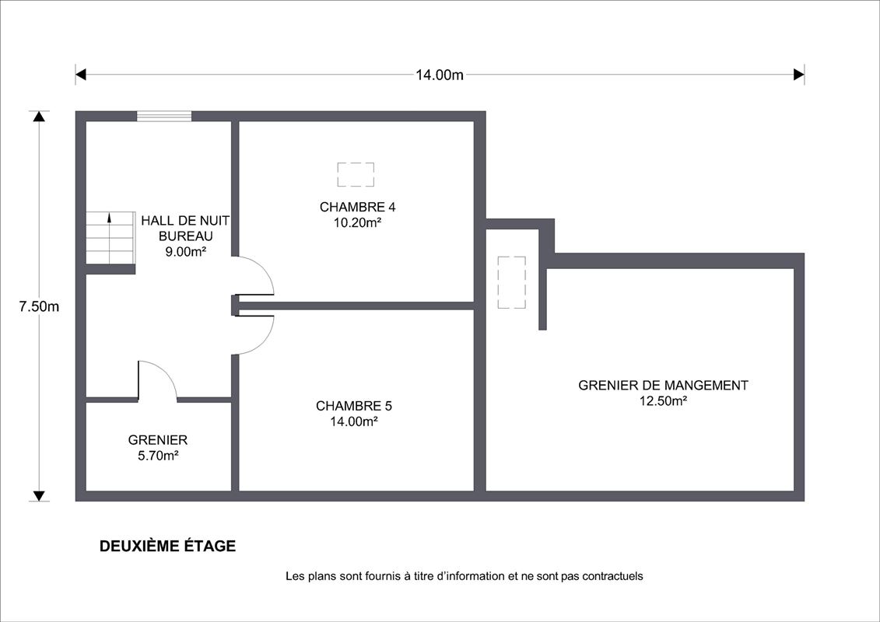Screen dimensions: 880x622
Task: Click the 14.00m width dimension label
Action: [x=440, y=75]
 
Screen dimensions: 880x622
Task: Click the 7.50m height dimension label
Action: [x=39, y=307]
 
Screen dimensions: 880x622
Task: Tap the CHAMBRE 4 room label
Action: [x=357, y=207]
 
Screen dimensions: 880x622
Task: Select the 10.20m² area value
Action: [x=357, y=222]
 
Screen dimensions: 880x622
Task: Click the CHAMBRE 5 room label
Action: [x=354, y=406]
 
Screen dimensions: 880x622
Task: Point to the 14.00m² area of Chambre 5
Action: [x=354, y=421]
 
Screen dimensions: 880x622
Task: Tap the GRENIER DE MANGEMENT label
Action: [x=663, y=386]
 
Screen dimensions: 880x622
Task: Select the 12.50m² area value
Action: [x=663, y=401]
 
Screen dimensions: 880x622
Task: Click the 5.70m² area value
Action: [x=158, y=456]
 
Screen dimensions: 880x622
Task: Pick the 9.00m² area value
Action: [x=186, y=252]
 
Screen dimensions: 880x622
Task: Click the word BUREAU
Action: [x=186, y=236]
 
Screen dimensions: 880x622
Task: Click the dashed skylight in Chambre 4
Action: [x=356, y=174]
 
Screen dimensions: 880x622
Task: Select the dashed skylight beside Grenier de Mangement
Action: [x=512, y=283]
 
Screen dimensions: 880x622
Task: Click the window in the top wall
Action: [x=164, y=116]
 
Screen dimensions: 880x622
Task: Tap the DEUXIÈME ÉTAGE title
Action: [x=168, y=546]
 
